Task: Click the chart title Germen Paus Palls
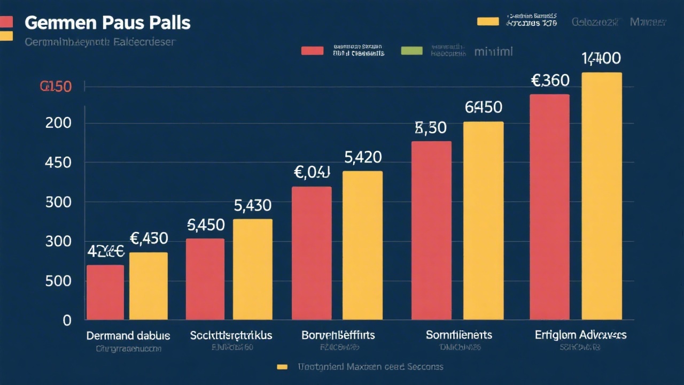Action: tap(107, 24)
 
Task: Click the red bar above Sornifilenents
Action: tap(431, 230)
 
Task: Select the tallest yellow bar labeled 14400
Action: tap(601, 196)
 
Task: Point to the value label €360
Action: tap(550, 81)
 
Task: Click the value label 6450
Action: tap(483, 107)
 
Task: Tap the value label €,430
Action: tap(149, 238)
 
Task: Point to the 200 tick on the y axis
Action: tap(59, 123)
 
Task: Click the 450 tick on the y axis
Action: tap(59, 163)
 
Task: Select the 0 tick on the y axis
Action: tap(67, 320)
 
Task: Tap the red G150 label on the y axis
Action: tap(56, 87)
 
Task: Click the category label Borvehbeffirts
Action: tap(338, 335)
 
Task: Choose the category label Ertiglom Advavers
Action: tap(580, 335)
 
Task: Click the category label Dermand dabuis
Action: tap(128, 336)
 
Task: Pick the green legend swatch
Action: tap(411, 51)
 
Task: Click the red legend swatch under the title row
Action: tap(312, 51)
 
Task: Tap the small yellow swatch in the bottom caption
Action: tap(282, 367)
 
